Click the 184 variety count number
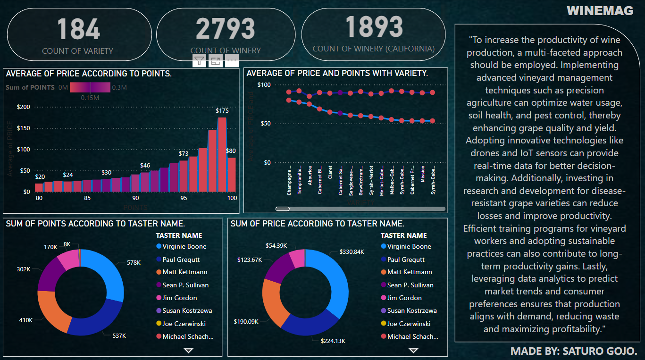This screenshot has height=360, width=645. (x=79, y=29)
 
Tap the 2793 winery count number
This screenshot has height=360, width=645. (x=225, y=29)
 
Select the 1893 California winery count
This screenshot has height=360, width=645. (x=374, y=27)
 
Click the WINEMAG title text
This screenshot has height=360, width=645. (x=600, y=11)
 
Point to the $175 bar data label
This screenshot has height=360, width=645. (x=222, y=111)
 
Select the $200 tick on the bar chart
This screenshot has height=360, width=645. (x=23, y=107)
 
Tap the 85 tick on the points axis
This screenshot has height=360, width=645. (x=87, y=198)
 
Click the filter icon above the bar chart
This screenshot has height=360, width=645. (x=200, y=60)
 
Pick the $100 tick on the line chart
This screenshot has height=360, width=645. (x=264, y=85)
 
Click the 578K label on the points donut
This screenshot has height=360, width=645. (x=134, y=262)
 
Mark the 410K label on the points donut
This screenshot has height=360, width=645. (x=25, y=320)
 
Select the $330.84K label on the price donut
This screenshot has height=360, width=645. (x=352, y=252)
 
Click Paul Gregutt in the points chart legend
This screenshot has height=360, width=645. (x=181, y=260)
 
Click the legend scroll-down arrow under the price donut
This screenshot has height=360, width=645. (x=413, y=351)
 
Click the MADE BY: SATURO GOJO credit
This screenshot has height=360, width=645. (x=574, y=351)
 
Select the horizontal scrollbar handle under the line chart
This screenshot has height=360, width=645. (x=282, y=209)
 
